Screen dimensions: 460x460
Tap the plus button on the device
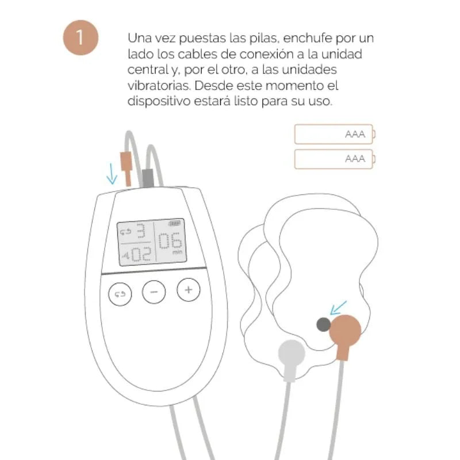click(187, 289)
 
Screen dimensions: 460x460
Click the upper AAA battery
click(334, 135)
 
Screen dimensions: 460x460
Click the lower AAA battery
click(334, 159)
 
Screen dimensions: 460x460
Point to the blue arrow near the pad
click(339, 307)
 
